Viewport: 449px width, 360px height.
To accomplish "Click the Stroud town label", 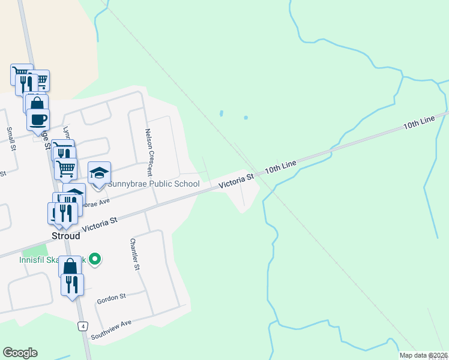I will tap(65, 236).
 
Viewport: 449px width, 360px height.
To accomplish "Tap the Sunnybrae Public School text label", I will tap(153, 184).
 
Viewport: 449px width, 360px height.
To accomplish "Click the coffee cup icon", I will tap(38, 119).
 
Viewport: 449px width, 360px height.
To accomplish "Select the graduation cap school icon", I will tap(100, 173).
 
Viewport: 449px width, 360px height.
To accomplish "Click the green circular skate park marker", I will tap(94, 259).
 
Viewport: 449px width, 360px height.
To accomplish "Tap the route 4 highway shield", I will tap(83, 326).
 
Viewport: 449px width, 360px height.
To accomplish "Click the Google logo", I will tap(20, 353).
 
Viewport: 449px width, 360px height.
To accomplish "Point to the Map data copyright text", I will tap(424, 355).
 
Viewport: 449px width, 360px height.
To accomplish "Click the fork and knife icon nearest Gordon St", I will tap(72, 285).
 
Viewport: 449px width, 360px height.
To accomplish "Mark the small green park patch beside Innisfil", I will tap(37, 250).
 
